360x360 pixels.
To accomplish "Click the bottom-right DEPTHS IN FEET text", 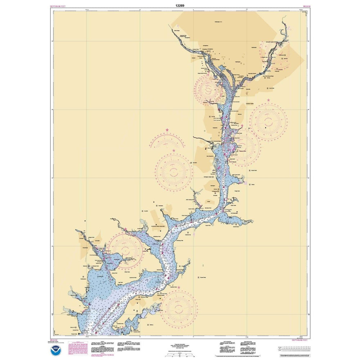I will pyautogui.click(x=300, y=340).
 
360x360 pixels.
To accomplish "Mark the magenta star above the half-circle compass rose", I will pyautogui.click(x=167, y=130).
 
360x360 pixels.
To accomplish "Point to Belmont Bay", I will pyautogui.click(x=112, y=259).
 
